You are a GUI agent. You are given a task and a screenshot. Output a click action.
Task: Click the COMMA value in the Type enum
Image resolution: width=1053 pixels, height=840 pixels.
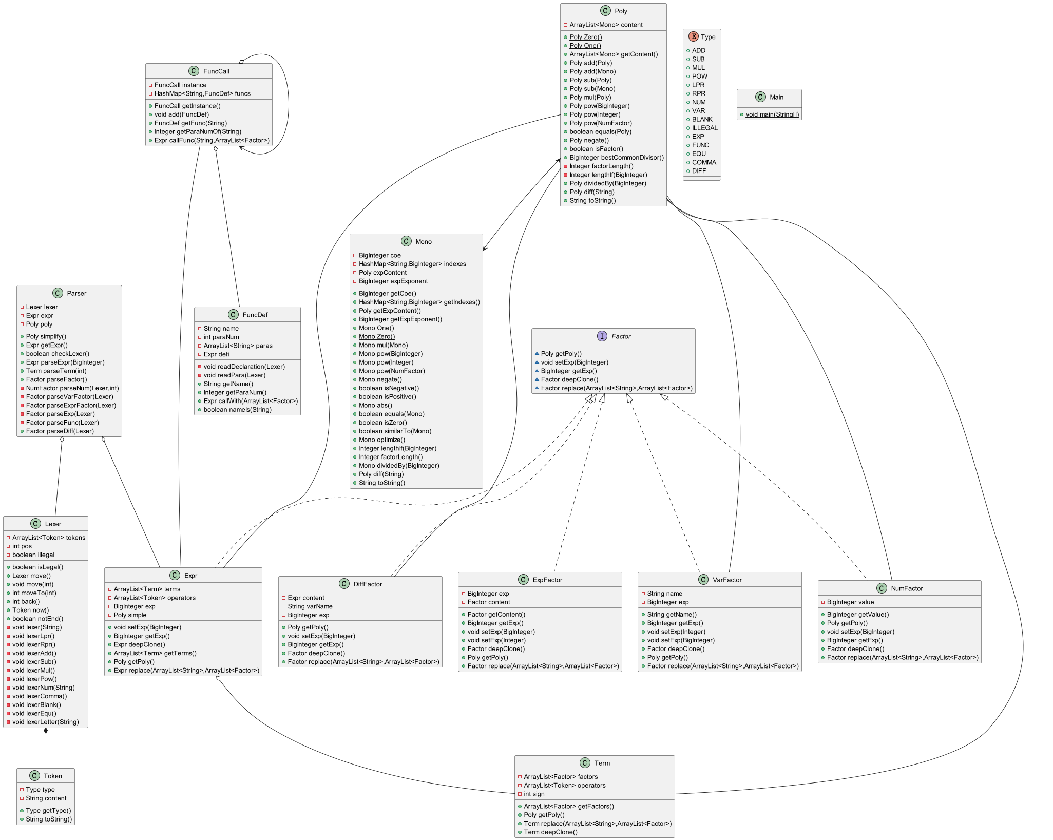tap(703, 162)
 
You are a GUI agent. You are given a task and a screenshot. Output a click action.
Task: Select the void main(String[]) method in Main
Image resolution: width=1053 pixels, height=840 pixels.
tap(772, 114)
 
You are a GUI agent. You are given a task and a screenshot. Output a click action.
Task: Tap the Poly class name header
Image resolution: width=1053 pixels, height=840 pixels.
tap(621, 11)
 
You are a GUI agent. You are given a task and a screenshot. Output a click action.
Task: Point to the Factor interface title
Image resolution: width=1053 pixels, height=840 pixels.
tap(621, 336)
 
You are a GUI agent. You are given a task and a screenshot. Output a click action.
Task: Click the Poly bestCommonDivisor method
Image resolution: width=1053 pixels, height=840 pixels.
tap(616, 158)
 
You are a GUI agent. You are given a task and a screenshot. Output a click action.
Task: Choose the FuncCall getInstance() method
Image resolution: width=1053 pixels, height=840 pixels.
tap(187, 106)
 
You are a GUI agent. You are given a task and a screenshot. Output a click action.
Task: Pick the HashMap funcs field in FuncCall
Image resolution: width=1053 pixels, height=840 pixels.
tap(202, 93)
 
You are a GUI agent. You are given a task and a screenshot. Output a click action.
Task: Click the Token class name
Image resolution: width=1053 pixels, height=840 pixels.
tap(52, 776)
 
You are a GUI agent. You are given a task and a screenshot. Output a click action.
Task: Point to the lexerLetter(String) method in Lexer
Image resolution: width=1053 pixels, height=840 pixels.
tap(46, 722)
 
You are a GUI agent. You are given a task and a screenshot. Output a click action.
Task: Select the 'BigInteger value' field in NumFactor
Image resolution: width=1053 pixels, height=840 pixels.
tap(850, 602)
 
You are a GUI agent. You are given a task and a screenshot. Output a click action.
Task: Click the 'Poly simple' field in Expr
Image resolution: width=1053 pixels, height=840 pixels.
tap(130, 615)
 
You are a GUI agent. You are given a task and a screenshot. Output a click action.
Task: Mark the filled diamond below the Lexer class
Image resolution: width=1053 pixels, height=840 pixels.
tap(46, 731)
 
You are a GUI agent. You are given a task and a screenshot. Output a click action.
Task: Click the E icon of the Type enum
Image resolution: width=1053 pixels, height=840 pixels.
tap(693, 36)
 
